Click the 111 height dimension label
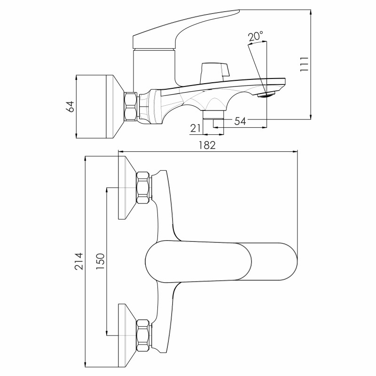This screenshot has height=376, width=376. [304, 64]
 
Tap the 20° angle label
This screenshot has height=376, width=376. [255, 37]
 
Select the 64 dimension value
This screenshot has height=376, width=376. [70, 107]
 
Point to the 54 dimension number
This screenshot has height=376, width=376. [240, 121]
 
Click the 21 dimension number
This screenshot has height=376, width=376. [196, 128]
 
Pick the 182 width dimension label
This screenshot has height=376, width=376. [207, 145]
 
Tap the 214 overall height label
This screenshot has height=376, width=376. [79, 261]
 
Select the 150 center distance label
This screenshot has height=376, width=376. [101, 261]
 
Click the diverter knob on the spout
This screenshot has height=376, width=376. [214, 72]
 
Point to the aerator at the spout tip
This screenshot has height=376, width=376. [266, 94]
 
